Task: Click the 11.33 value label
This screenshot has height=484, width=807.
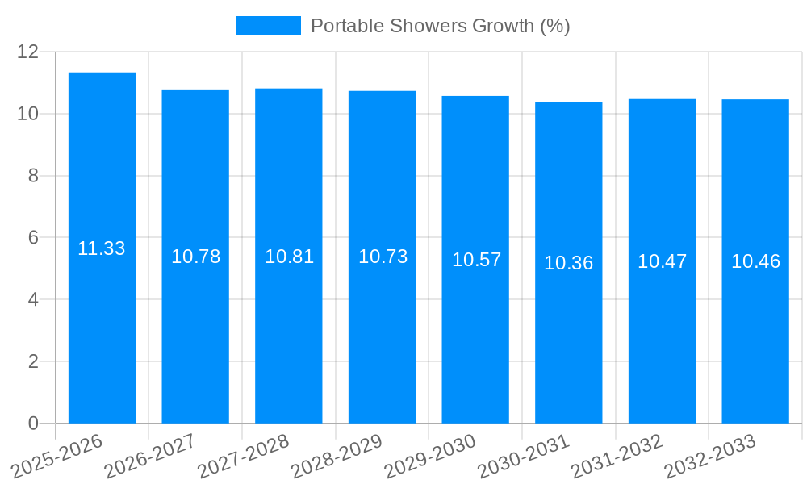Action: tap(102, 248)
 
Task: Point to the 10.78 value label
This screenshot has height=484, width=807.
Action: tap(195, 257)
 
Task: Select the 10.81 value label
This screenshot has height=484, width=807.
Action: tap(289, 257)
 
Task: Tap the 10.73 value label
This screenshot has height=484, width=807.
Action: tap(383, 257)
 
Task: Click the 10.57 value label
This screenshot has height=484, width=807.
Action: tap(476, 260)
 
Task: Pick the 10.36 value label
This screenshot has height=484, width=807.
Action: tap(568, 263)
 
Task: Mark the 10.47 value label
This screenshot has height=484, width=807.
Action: tap(662, 261)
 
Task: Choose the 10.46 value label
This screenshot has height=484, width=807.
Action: tap(755, 261)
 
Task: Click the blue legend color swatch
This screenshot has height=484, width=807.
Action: tap(268, 26)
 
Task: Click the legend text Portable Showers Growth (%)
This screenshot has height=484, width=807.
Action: tap(440, 26)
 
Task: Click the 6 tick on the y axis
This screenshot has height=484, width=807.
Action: tap(34, 238)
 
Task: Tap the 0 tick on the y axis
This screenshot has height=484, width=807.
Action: tap(34, 423)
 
